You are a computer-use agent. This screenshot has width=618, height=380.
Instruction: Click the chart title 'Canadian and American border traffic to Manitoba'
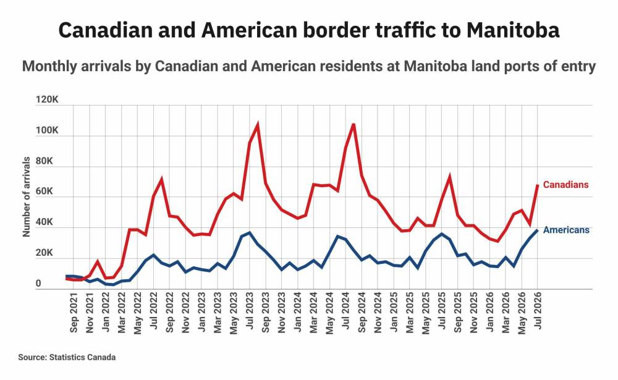coord(308,30)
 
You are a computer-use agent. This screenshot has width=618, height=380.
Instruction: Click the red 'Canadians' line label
coord(565,185)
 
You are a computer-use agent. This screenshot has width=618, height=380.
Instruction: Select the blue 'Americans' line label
coord(566,230)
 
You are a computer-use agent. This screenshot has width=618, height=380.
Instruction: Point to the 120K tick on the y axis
coord(47,99)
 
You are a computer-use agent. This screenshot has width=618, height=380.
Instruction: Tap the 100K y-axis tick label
coord(47,130)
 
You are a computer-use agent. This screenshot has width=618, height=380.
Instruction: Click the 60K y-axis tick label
coord(44,192)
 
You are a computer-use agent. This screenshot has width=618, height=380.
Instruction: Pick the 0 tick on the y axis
coord(38,284)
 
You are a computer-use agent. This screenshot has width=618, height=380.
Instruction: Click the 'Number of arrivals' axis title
coord(27,196)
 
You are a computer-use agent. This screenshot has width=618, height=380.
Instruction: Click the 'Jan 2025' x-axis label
coord(394,312)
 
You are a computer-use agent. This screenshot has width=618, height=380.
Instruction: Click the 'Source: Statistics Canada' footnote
coord(67,357)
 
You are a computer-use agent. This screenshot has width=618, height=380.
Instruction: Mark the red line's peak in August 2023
coord(257,125)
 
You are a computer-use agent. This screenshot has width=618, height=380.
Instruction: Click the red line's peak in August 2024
coord(353,125)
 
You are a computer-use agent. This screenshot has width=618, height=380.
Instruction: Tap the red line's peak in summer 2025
coord(449,177)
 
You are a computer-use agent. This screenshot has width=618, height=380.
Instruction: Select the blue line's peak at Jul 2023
coord(249,233)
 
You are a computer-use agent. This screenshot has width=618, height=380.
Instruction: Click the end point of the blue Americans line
coord(537,230)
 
